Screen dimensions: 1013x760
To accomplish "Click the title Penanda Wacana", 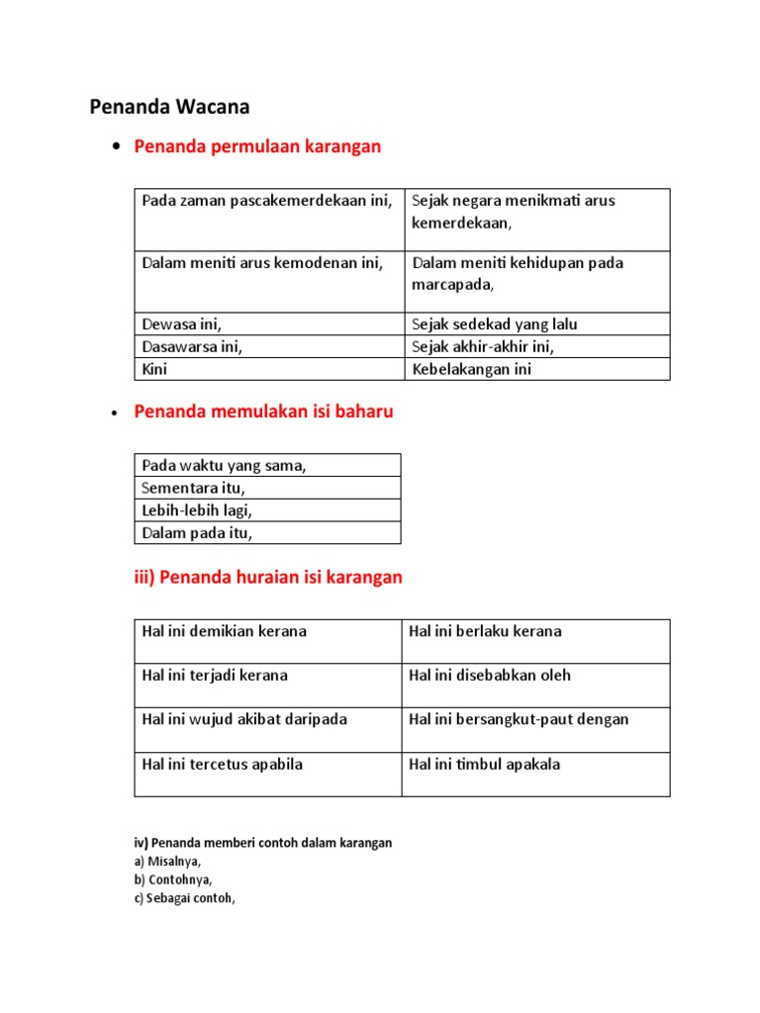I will coord(169,106).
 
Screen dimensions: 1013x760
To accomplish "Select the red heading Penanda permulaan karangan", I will coord(257,147).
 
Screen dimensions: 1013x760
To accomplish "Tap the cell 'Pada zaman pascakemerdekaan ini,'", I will coord(267,201).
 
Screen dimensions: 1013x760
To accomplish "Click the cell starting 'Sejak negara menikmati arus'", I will coord(514,212).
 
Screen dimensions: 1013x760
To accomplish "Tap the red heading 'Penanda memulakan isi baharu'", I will coord(263,413).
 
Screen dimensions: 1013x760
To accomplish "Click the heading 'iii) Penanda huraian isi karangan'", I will coord(268,578).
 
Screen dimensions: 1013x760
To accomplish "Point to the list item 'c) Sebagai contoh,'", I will coord(185,898).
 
